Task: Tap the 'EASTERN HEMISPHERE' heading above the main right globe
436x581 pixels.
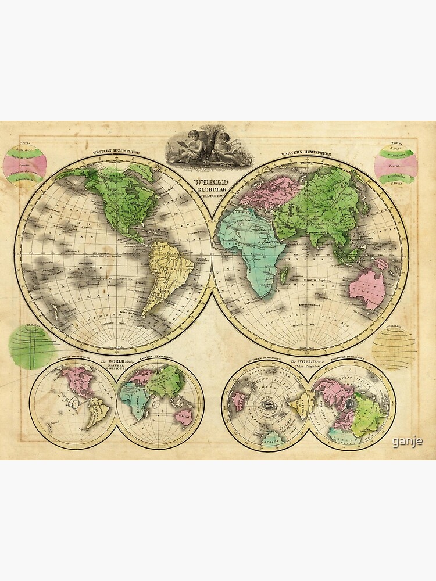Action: pos(306,154)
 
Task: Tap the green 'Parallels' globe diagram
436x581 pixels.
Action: pos(32,345)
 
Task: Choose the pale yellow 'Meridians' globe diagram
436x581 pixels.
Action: pos(395,347)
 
